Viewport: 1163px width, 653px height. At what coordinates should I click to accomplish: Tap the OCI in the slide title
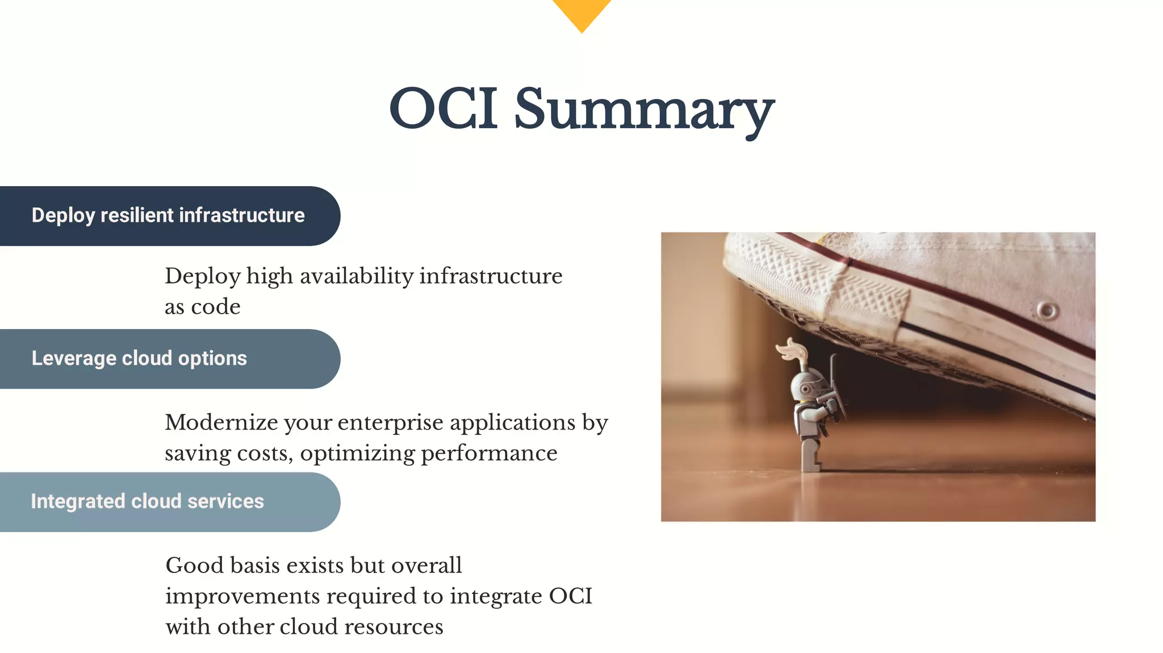tap(444, 109)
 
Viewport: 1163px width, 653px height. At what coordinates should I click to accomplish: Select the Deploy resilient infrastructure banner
tap(168, 216)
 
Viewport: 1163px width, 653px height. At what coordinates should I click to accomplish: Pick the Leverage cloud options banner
tap(140, 359)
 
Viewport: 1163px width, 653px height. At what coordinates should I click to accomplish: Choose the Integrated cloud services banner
tap(148, 502)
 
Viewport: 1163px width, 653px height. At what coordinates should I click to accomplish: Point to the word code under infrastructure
tap(215, 307)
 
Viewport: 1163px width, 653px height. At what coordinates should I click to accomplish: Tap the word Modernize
tap(221, 423)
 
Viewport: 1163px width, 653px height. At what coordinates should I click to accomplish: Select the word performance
tap(489, 453)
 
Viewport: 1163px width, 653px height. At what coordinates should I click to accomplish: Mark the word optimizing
tap(357, 453)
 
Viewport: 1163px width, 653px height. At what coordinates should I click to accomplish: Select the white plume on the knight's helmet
tap(791, 349)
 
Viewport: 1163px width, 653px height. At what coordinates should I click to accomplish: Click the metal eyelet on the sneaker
tap(1047, 310)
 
